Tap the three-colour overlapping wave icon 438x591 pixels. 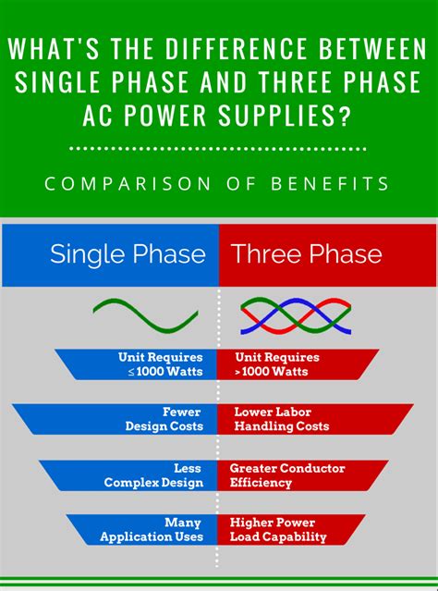coord(296,315)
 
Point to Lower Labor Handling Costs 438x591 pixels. coord(280,419)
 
